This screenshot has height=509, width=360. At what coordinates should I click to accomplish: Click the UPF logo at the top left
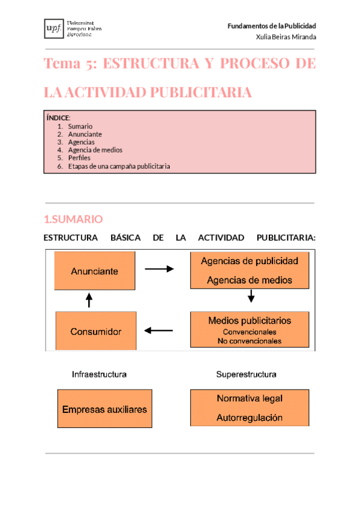(68, 28)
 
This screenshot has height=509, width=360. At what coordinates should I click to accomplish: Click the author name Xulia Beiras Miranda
(286, 37)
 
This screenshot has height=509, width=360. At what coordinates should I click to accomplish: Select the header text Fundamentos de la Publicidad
(272, 26)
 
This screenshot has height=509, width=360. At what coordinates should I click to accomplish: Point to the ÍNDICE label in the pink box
(58, 118)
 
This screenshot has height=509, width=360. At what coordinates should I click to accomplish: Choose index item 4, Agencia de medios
(95, 150)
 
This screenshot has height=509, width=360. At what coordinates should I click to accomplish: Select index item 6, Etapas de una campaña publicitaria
(119, 166)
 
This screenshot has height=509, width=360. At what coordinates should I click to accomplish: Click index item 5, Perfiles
(79, 158)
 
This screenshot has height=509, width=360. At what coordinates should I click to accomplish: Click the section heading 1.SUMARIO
(73, 219)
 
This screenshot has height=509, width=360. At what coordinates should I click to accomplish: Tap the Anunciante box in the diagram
(95, 271)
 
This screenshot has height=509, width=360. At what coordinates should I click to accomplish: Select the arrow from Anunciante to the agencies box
(159, 270)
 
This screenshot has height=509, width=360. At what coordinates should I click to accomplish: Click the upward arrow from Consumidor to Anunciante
(89, 300)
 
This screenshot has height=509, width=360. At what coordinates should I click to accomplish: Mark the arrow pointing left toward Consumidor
(159, 330)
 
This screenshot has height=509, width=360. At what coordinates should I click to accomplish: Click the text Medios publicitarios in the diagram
(249, 321)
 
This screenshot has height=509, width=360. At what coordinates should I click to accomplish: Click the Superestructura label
(246, 375)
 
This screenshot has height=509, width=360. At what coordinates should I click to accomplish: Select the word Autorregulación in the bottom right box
(249, 418)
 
